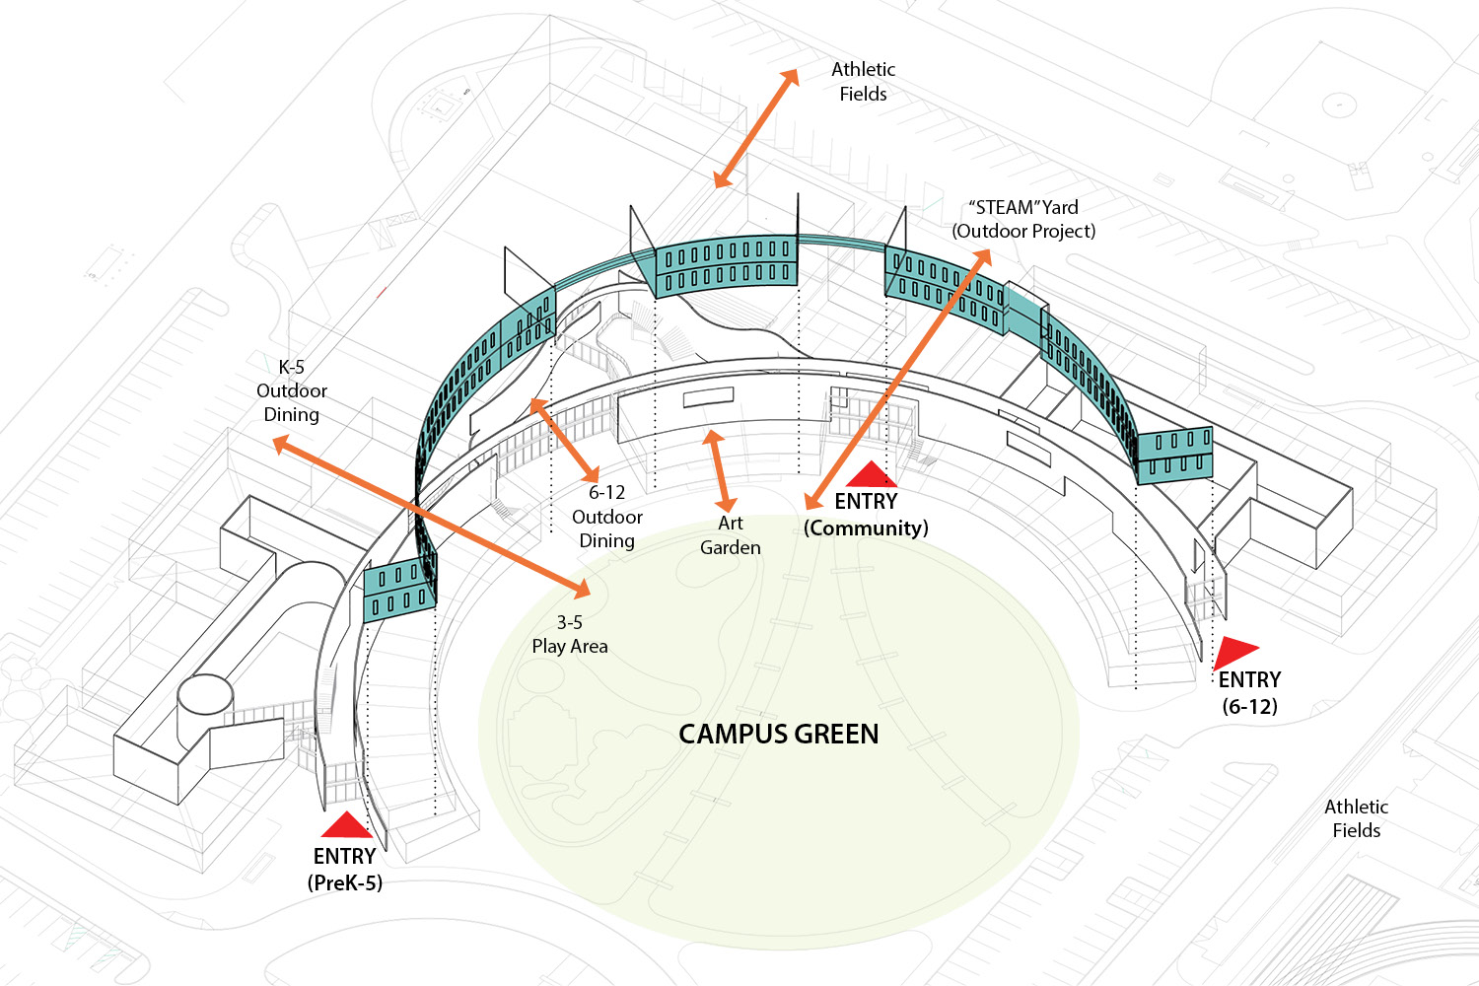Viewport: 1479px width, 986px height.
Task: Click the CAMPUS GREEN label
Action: point(778,735)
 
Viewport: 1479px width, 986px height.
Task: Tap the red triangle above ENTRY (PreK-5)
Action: point(345,826)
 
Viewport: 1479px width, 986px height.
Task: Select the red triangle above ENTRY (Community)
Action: point(872,476)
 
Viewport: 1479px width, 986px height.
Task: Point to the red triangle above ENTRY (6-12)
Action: point(1232,652)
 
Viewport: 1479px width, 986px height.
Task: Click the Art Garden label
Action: point(731,535)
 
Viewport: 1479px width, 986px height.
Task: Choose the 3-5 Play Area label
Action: point(570,634)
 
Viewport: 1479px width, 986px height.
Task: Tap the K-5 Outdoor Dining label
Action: point(291,390)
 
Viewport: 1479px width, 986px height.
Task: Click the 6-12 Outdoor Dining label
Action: point(606,517)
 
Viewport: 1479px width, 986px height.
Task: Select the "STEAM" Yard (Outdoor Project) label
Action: point(1023,219)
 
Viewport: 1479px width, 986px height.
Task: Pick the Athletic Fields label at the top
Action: point(863,82)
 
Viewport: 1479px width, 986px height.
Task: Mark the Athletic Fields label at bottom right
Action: point(1356,818)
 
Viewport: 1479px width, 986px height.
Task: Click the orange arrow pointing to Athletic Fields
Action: point(756,129)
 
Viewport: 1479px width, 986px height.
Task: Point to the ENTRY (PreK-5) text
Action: point(345,869)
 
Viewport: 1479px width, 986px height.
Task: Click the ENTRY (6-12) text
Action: point(1249,692)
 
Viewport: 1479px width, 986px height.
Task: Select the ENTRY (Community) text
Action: point(866,515)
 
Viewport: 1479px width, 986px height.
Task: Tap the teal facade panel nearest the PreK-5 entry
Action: point(399,589)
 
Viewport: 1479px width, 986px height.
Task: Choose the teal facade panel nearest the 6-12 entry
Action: point(1173,454)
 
